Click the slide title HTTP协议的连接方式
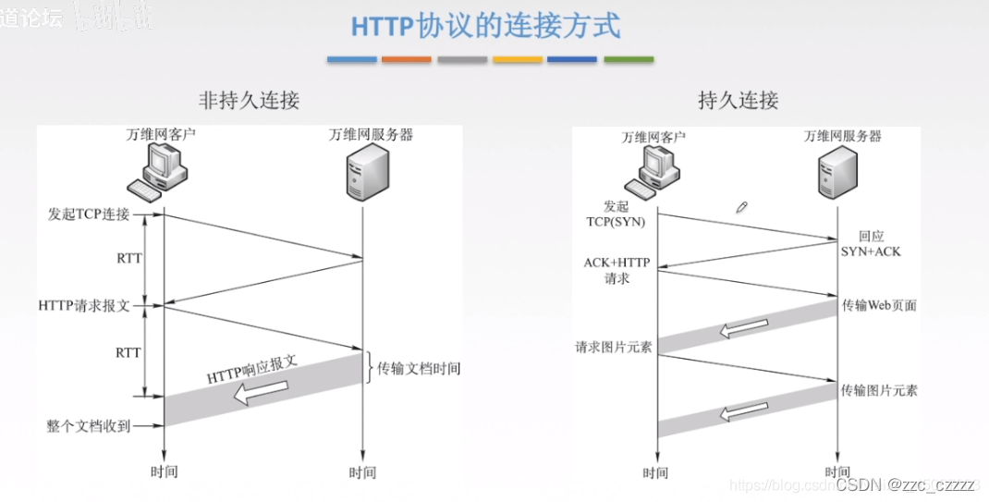(485, 25)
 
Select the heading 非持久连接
(250, 100)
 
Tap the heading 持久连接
(738, 100)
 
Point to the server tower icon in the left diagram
(361, 176)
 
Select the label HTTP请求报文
(84, 305)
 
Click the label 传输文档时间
(418, 368)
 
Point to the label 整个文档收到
(89, 426)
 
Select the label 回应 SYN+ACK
(871, 244)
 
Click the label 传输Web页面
(879, 305)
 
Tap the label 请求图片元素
(613, 348)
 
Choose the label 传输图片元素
(879, 391)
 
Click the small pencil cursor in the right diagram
(741, 207)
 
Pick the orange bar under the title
(407, 60)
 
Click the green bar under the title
(629, 60)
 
